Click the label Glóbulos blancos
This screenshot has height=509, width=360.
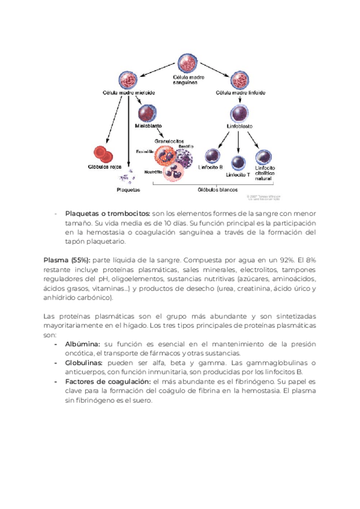[218, 190]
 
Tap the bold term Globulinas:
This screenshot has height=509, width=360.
[84, 363]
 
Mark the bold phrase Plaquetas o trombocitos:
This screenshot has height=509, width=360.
[107, 214]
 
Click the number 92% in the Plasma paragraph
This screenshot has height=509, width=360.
[299, 261]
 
